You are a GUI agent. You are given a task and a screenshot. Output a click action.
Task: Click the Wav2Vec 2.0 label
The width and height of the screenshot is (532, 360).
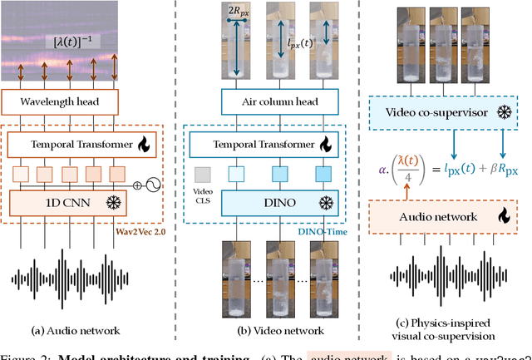click(x=150, y=230)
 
